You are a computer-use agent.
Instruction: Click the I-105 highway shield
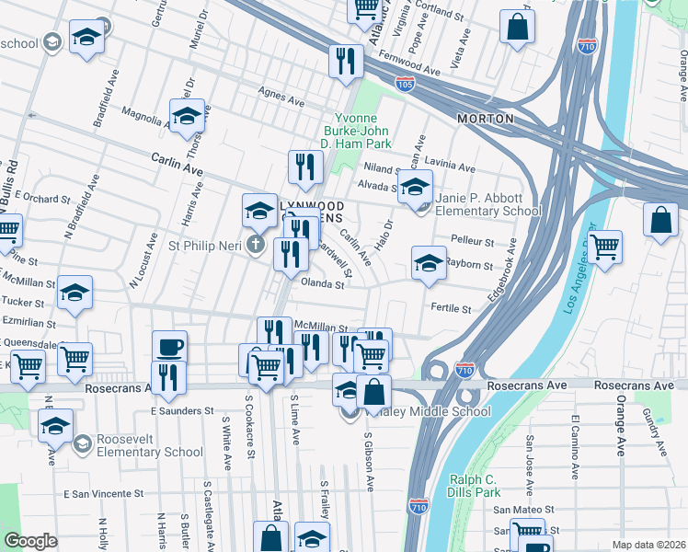405,84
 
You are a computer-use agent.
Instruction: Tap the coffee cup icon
169,348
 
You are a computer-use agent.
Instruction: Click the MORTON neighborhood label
486,120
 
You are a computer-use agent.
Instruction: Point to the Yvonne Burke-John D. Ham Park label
361,131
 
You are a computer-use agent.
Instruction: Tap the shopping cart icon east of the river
604,247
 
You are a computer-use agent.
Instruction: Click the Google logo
30,541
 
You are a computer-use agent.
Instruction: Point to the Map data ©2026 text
648,545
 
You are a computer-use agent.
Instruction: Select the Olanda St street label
322,285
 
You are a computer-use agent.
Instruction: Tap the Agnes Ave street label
281,97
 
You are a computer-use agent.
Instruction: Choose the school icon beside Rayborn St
428,262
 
